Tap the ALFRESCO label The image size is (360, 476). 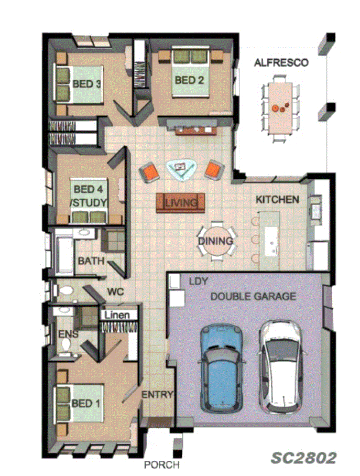point(281,63)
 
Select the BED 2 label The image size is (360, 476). point(189,80)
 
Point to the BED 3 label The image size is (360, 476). point(87,84)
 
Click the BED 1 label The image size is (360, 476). point(85,404)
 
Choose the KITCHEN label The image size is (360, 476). point(277,200)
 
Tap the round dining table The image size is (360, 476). point(216,242)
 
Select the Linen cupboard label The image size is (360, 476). point(118,316)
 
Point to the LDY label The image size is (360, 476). point(198,282)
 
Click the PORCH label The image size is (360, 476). point(162,464)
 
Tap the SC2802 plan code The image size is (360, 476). point(303,458)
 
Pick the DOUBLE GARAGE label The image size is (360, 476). point(253,297)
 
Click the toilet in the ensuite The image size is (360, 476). point(66,344)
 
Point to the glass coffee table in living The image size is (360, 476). point(181,169)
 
